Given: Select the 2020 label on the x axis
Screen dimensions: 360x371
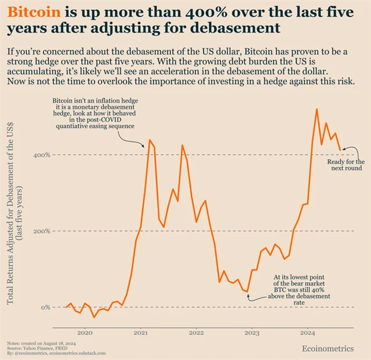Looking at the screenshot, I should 85,333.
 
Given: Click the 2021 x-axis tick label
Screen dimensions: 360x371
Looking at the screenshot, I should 140,333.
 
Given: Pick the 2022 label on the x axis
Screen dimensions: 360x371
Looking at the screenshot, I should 196,333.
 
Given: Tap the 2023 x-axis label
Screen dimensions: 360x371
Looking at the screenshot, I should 252,333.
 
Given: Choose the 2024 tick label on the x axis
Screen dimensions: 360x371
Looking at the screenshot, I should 308,333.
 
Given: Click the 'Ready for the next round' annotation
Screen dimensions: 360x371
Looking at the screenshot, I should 346,165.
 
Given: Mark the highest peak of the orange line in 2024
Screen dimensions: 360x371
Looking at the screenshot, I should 317,109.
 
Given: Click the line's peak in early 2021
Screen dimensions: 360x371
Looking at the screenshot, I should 150,140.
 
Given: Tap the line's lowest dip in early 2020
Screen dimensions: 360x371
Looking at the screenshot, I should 94,317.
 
